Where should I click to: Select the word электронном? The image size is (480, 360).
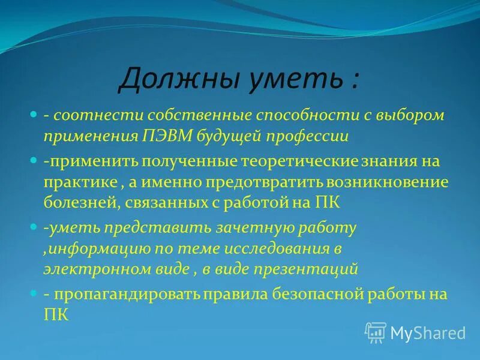coord(88,269)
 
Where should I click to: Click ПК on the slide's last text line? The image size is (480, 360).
coord(57,314)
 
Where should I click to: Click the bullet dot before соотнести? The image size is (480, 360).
coord(34,113)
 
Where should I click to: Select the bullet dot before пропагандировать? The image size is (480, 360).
coord(34,293)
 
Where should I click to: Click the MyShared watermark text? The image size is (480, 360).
coord(428,332)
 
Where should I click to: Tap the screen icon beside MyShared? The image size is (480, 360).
coord(376,332)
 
